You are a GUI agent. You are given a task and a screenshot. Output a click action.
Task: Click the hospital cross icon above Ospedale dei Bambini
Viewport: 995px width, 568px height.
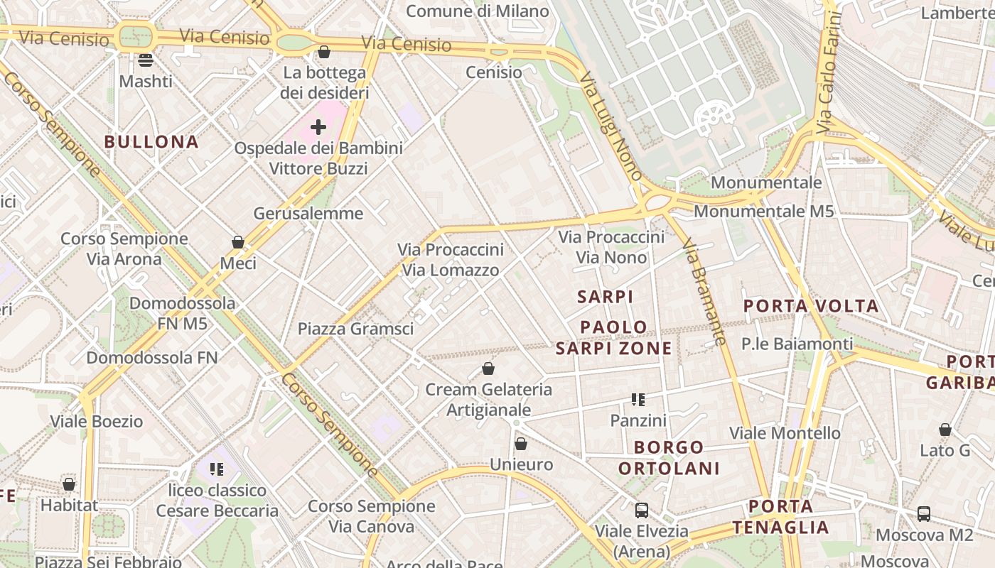coord(318,127)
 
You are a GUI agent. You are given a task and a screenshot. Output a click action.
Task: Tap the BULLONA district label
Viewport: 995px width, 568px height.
coord(151,141)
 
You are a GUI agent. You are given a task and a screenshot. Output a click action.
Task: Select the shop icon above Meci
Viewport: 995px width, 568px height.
coord(238,243)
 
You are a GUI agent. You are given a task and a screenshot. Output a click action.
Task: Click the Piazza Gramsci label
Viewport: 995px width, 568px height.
coord(355,329)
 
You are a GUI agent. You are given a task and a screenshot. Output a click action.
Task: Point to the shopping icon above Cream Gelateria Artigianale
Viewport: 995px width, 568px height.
coord(488,368)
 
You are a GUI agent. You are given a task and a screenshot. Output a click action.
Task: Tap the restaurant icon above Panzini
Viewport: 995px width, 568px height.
coord(638,400)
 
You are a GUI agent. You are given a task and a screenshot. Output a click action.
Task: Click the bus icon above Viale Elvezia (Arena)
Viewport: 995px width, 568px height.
coord(642,510)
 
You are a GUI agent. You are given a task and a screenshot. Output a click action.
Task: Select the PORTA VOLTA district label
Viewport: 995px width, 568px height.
coord(811,306)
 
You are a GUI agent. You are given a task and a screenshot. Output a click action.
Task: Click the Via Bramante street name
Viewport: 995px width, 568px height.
coord(704,292)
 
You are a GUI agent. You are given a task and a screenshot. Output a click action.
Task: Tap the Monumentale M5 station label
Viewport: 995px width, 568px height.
coord(763,211)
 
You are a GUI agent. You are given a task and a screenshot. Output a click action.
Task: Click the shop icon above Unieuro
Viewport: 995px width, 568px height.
coord(521,444)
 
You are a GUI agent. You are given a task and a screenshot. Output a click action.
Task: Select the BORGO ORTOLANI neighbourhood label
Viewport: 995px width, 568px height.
coord(669,458)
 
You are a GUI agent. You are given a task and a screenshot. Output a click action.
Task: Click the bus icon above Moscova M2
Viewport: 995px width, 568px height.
coord(923,513)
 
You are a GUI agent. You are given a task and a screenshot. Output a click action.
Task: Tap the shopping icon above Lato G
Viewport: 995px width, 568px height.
coord(945,430)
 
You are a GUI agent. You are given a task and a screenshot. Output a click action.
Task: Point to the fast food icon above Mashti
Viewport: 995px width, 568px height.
coord(146,60)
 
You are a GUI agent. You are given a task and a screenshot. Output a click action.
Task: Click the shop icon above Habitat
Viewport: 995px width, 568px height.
coord(69,484)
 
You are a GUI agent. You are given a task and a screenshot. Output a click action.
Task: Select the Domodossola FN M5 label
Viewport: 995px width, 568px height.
coord(182,313)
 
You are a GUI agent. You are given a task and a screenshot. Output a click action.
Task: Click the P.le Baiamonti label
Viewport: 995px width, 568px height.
coord(797,344)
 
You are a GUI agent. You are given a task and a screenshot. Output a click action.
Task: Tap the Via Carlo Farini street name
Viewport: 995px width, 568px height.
coord(829,72)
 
